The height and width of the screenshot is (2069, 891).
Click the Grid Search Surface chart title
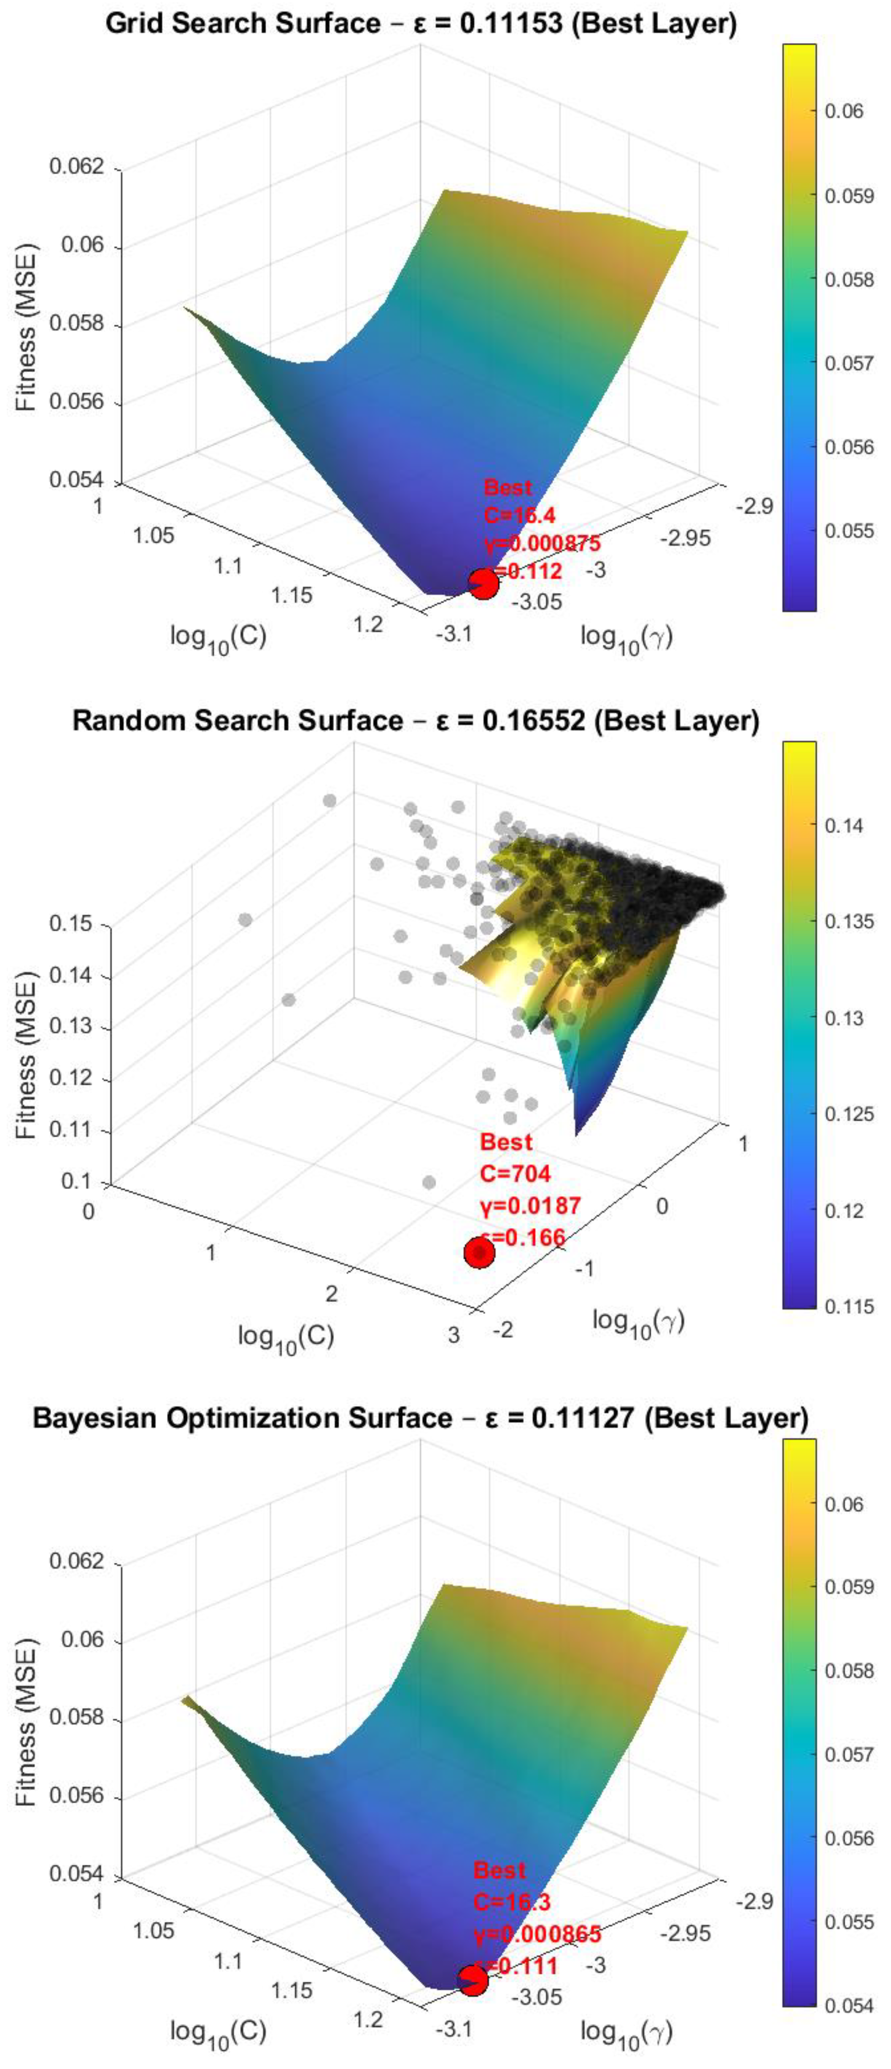point(421,23)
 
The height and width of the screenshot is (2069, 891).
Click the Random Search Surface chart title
point(416,720)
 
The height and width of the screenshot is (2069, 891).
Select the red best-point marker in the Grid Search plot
point(483,584)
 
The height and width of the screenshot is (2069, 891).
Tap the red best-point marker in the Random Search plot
point(479,1252)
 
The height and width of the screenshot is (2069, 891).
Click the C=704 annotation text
point(515,1173)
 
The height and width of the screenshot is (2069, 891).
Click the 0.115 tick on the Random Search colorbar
point(848,1307)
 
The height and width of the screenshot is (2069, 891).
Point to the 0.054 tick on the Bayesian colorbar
point(848,2006)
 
